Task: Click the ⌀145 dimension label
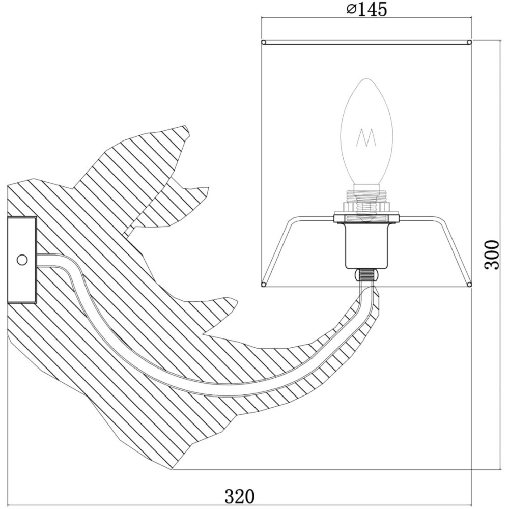tap(366, 9)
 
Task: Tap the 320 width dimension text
tap(240, 496)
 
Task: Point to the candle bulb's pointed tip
tap(366, 78)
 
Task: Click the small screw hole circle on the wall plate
tap(22, 260)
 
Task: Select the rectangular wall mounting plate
tap(21, 260)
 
